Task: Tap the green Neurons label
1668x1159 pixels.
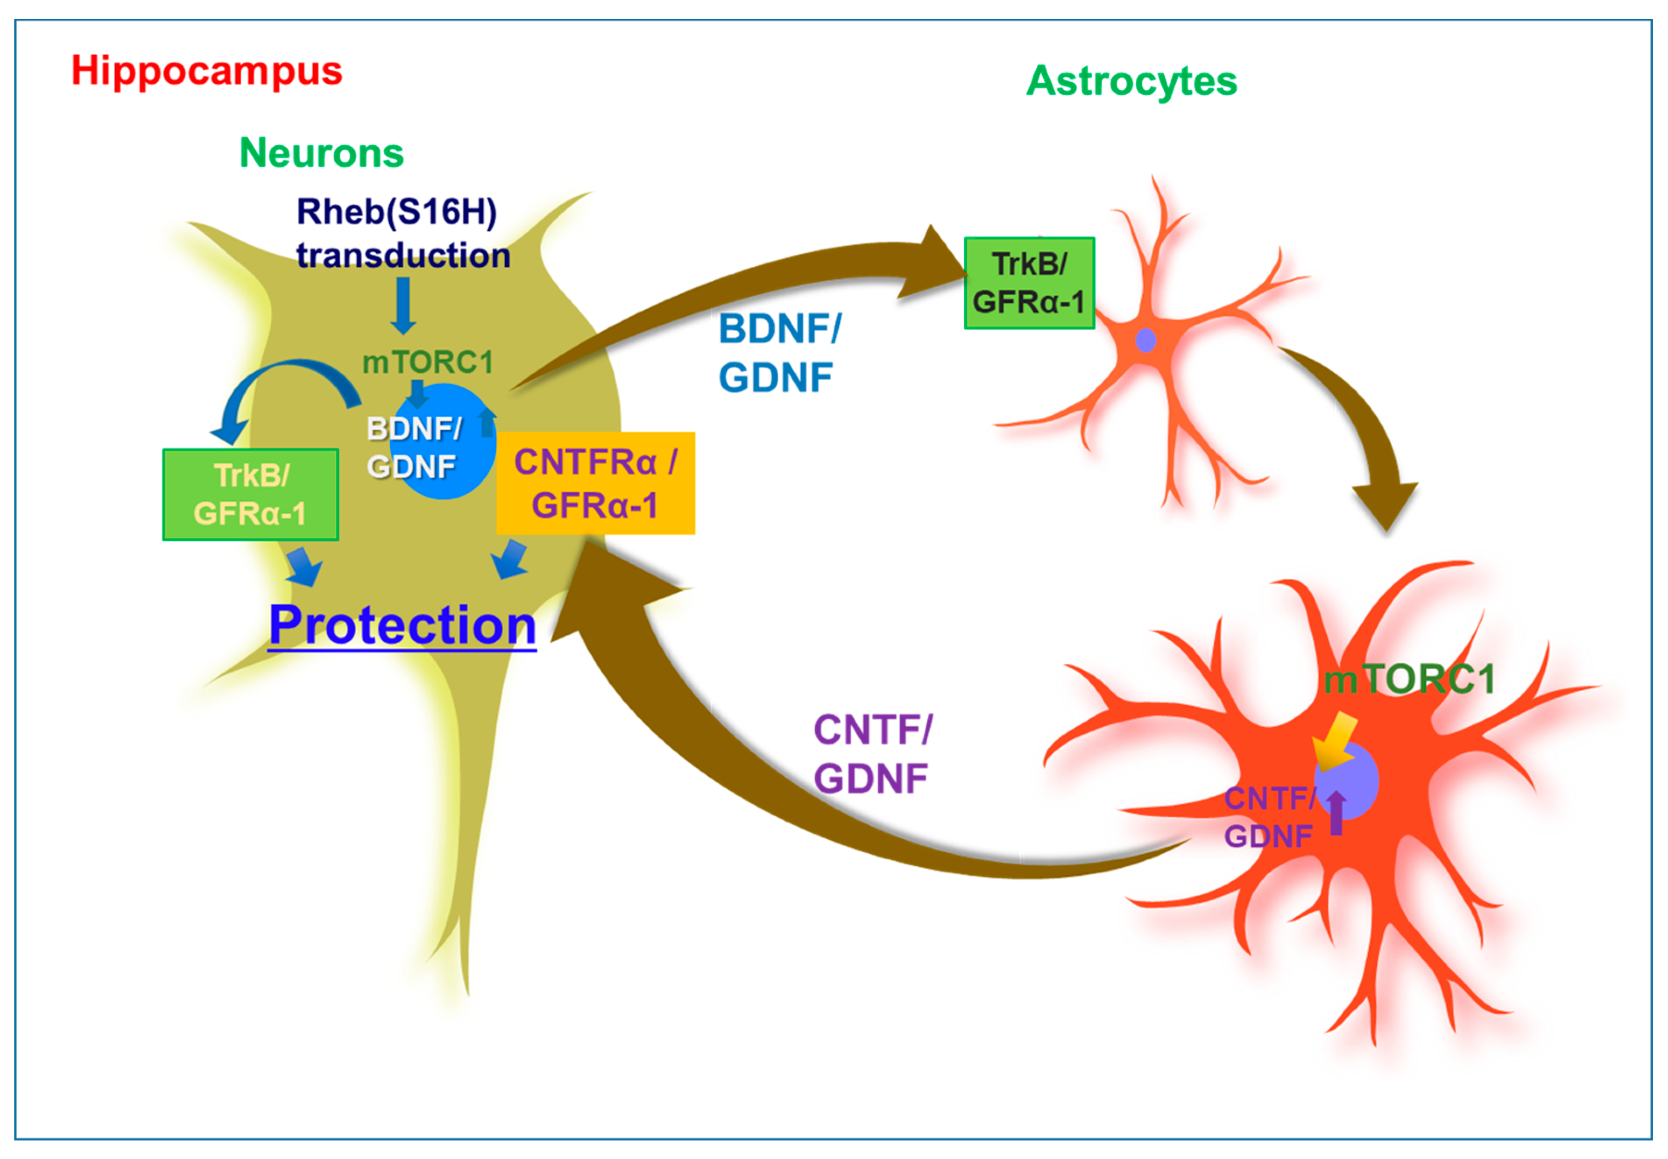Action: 322,153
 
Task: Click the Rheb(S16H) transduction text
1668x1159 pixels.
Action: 403,234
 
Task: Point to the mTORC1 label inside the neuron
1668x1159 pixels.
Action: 428,362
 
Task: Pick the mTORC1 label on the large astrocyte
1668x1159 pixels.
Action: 1409,680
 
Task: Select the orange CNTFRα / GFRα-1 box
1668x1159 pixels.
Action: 595,483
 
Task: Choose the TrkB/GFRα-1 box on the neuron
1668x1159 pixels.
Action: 251,495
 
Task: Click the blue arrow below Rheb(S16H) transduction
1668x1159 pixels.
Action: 403,305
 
